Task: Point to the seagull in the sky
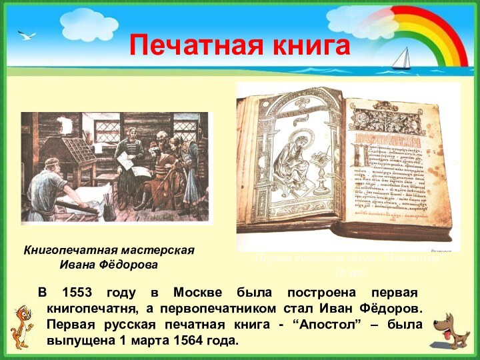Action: [x=27, y=35]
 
